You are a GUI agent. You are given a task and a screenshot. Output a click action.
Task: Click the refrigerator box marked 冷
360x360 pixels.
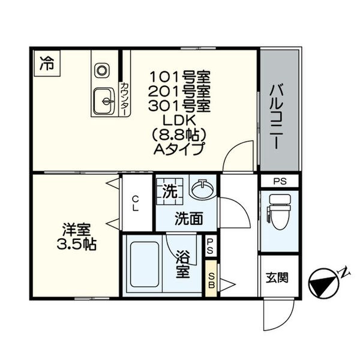pyautogui.click(x=47, y=63)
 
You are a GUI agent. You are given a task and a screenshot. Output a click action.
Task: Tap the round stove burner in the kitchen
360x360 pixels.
pyautogui.click(x=102, y=70)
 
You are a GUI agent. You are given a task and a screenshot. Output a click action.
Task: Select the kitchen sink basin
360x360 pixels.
pyautogui.click(x=104, y=101)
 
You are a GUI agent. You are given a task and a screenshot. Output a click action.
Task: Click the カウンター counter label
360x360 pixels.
pyautogui.click(x=124, y=99)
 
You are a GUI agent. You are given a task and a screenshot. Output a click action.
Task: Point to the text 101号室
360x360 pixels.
pyautogui.click(x=180, y=77)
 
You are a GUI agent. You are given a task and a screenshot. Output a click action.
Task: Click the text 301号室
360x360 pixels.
pyautogui.click(x=180, y=106)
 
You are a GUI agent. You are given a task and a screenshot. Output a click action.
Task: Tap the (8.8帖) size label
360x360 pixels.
pyautogui.click(x=179, y=134)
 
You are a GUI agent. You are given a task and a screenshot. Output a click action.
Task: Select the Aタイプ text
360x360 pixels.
pyautogui.click(x=179, y=149)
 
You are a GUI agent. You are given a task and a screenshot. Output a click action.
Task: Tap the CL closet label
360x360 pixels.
pyautogui.click(x=136, y=203)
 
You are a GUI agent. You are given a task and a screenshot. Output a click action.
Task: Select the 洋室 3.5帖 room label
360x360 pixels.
pyautogui.click(x=77, y=237)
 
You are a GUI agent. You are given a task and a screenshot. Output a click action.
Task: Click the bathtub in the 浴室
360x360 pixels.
pyautogui.click(x=145, y=265)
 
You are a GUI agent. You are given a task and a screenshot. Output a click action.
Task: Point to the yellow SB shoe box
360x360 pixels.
pyautogui.click(x=211, y=278)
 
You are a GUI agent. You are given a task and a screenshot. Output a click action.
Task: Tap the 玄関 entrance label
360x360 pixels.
pyautogui.click(x=277, y=278)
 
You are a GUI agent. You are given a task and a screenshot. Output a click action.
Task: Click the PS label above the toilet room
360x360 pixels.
pyautogui.click(x=280, y=181)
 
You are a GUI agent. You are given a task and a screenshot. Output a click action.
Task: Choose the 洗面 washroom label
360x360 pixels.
pyautogui.click(x=189, y=218)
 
